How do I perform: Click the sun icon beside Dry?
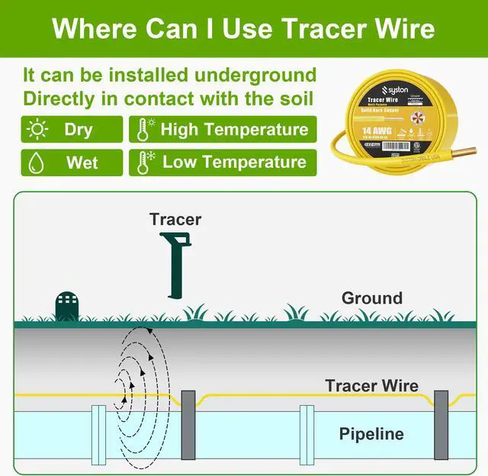point(37,129)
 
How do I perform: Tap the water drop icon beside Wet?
point(37,162)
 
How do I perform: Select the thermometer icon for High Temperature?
point(143,129)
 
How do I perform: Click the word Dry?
point(78,129)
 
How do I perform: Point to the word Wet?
point(82,162)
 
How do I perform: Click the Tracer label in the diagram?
point(175,220)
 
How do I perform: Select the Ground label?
point(371,297)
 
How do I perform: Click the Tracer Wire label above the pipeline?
point(371,385)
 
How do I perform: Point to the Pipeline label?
point(371,434)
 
